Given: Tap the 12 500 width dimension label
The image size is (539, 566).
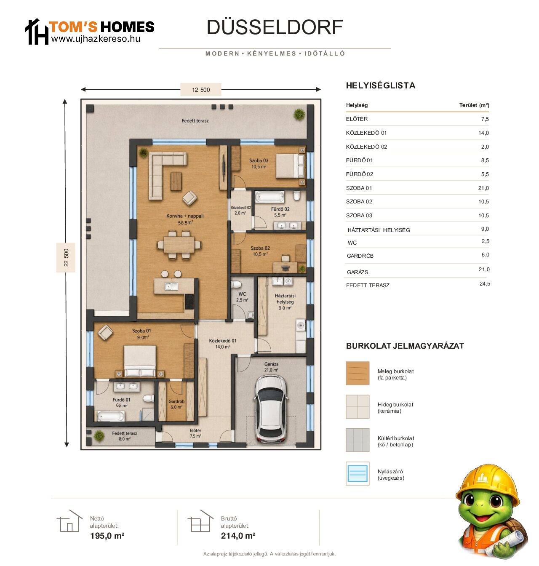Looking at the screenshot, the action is (x=201, y=90).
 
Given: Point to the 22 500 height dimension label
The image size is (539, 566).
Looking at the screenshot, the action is (x=66, y=257).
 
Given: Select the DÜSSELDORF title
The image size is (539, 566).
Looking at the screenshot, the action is (x=275, y=27).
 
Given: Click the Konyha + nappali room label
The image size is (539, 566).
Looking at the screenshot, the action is (x=185, y=216).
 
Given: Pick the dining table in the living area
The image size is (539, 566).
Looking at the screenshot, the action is (x=179, y=245).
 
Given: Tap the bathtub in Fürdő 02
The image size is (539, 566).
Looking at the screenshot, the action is (x=269, y=197).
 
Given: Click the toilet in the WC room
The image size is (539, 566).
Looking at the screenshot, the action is (x=236, y=284).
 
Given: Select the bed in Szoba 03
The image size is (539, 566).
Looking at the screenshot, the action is (x=290, y=166).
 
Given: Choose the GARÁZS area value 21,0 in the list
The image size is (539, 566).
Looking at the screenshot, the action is (x=484, y=270).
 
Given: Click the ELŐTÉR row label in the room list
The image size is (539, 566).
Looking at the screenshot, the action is (x=357, y=119).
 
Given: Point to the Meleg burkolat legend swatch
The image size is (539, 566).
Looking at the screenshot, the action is (x=358, y=374).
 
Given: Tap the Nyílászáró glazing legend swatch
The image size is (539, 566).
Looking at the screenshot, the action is (x=358, y=474).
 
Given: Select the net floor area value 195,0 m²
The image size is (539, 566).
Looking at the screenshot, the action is (x=107, y=536).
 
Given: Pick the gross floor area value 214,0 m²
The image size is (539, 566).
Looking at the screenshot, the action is (x=238, y=536).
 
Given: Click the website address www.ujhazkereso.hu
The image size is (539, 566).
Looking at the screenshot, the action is (x=96, y=39).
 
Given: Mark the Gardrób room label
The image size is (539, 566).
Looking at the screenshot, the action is (x=176, y=401).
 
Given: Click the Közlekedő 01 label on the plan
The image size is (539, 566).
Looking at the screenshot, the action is (x=223, y=341).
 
